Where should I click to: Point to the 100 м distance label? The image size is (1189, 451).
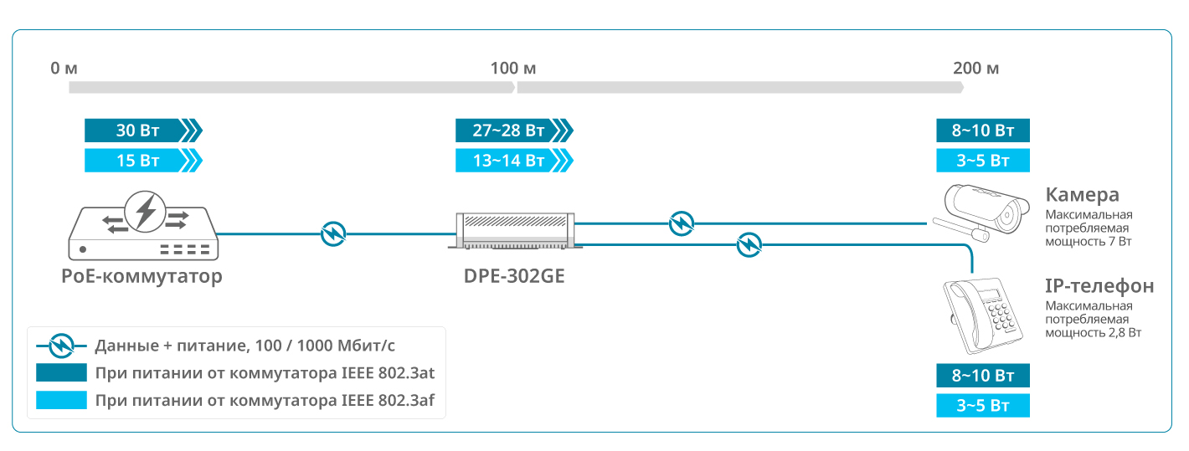pos(515,68)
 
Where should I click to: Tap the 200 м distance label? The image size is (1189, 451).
pos(975,68)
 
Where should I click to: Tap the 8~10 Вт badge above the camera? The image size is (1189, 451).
pos(982,131)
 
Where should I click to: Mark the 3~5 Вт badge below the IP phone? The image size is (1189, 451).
pos(982,407)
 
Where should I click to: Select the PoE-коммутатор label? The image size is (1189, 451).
pos(142,276)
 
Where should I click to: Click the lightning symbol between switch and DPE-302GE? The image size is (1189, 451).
pos(333,233)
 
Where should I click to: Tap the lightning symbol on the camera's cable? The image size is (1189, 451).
pos(682,223)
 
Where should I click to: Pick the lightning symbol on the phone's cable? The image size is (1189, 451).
pos(749,245)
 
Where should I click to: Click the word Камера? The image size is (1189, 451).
pos(1082,196)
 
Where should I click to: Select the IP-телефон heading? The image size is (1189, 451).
pos(1099,286)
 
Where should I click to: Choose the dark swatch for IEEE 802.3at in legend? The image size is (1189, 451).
pos(61,372)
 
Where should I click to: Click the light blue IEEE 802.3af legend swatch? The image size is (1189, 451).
pos(61,400)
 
